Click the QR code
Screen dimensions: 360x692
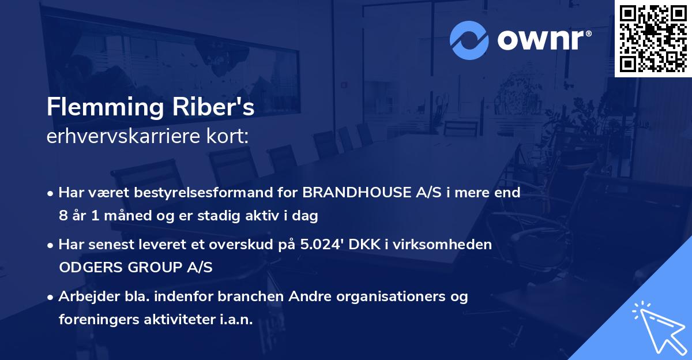tap(653, 38)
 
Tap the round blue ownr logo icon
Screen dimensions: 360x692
tap(469, 40)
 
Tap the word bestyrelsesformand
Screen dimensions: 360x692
tap(216, 193)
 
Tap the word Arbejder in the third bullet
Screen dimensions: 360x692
tap(83, 297)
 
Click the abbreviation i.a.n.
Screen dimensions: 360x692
tap(237, 320)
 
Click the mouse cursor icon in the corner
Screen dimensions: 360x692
tap(657, 325)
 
